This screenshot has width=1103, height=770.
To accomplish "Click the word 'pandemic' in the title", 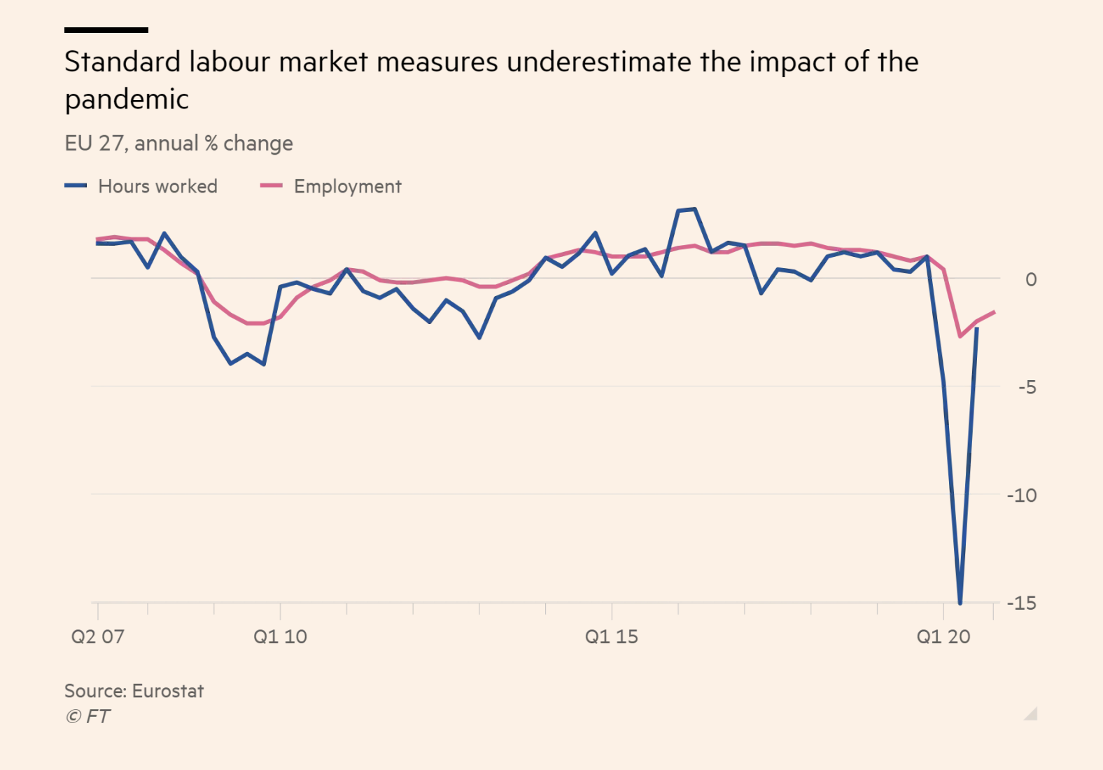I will [x=127, y=99].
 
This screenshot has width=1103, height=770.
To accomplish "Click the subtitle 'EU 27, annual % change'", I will [x=178, y=143].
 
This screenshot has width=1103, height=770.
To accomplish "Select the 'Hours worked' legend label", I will [x=157, y=186].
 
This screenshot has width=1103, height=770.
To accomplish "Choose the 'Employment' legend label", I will [x=347, y=186].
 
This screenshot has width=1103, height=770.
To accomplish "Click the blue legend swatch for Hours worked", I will [x=76, y=185].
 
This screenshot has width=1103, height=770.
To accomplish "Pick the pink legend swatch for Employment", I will [x=271, y=185].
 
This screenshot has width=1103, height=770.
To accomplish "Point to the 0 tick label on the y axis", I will [x=1030, y=279].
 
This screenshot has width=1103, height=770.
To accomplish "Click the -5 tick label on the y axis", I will [x=1027, y=387].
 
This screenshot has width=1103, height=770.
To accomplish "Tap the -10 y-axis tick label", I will [x=1022, y=496].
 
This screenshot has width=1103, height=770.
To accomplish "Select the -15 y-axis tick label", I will [x=1022, y=603].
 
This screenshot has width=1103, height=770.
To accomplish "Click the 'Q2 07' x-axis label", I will [x=97, y=637].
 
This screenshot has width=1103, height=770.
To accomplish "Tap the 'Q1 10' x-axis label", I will [x=280, y=637].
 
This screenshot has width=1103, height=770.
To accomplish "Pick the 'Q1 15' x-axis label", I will [x=612, y=637].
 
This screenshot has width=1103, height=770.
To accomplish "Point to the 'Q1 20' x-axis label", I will [x=943, y=637].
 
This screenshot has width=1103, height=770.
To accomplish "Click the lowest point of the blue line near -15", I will [x=960, y=602].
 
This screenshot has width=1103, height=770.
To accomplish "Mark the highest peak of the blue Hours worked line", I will [x=694, y=209].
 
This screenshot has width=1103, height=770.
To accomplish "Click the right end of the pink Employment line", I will [x=994, y=312].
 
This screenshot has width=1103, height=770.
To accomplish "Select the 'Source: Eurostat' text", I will [x=134, y=691].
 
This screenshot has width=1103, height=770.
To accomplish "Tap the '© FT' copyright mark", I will [x=87, y=716].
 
